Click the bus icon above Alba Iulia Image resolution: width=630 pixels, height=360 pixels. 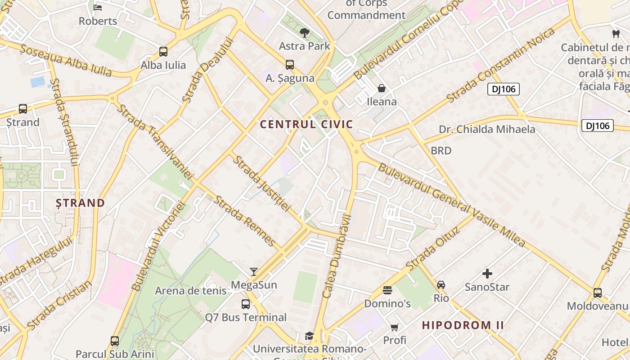[x=163, y=52]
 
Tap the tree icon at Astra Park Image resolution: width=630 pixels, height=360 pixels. [x=305, y=32]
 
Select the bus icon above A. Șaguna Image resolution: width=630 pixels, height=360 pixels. [x=290, y=65]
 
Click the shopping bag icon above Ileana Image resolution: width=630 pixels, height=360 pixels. [x=382, y=88]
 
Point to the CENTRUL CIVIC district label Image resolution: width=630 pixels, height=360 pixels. [x=306, y=125]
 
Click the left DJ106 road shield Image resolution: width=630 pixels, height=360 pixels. [x=503, y=89]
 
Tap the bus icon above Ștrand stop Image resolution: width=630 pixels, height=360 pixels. [x=22, y=109]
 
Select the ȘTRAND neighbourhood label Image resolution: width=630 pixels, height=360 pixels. [x=80, y=203]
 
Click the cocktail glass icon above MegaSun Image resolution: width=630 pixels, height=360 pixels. [x=254, y=272]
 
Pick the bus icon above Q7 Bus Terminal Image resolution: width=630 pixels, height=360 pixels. [x=246, y=304]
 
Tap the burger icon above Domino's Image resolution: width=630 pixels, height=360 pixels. [x=387, y=290]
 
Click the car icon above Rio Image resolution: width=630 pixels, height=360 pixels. [x=441, y=285]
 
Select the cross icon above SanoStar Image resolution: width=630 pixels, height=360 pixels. [x=487, y=274]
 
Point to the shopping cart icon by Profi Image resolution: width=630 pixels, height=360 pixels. [x=395, y=327]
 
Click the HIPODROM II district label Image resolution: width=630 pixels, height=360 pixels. [x=463, y=325]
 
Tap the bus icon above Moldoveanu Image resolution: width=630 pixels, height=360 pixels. [x=597, y=293]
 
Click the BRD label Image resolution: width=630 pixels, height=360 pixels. [x=441, y=151]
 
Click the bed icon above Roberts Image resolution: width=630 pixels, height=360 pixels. [x=98, y=8]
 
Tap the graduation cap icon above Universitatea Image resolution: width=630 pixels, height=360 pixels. [x=309, y=336]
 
